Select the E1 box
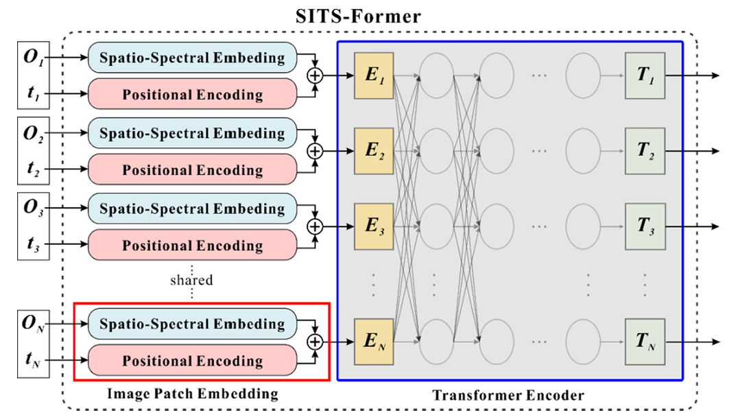374,75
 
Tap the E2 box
374,151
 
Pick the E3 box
374,226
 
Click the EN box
374,342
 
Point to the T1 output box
645,75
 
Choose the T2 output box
645,151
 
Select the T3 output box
645,226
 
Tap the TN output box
645,342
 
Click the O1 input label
33,56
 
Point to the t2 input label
33,169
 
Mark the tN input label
33,360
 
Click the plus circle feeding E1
315,75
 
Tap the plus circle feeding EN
315,342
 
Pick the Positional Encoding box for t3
193,246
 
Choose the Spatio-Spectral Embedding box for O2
193,132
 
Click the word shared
191,280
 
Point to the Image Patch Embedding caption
193,393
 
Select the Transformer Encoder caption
508,395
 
